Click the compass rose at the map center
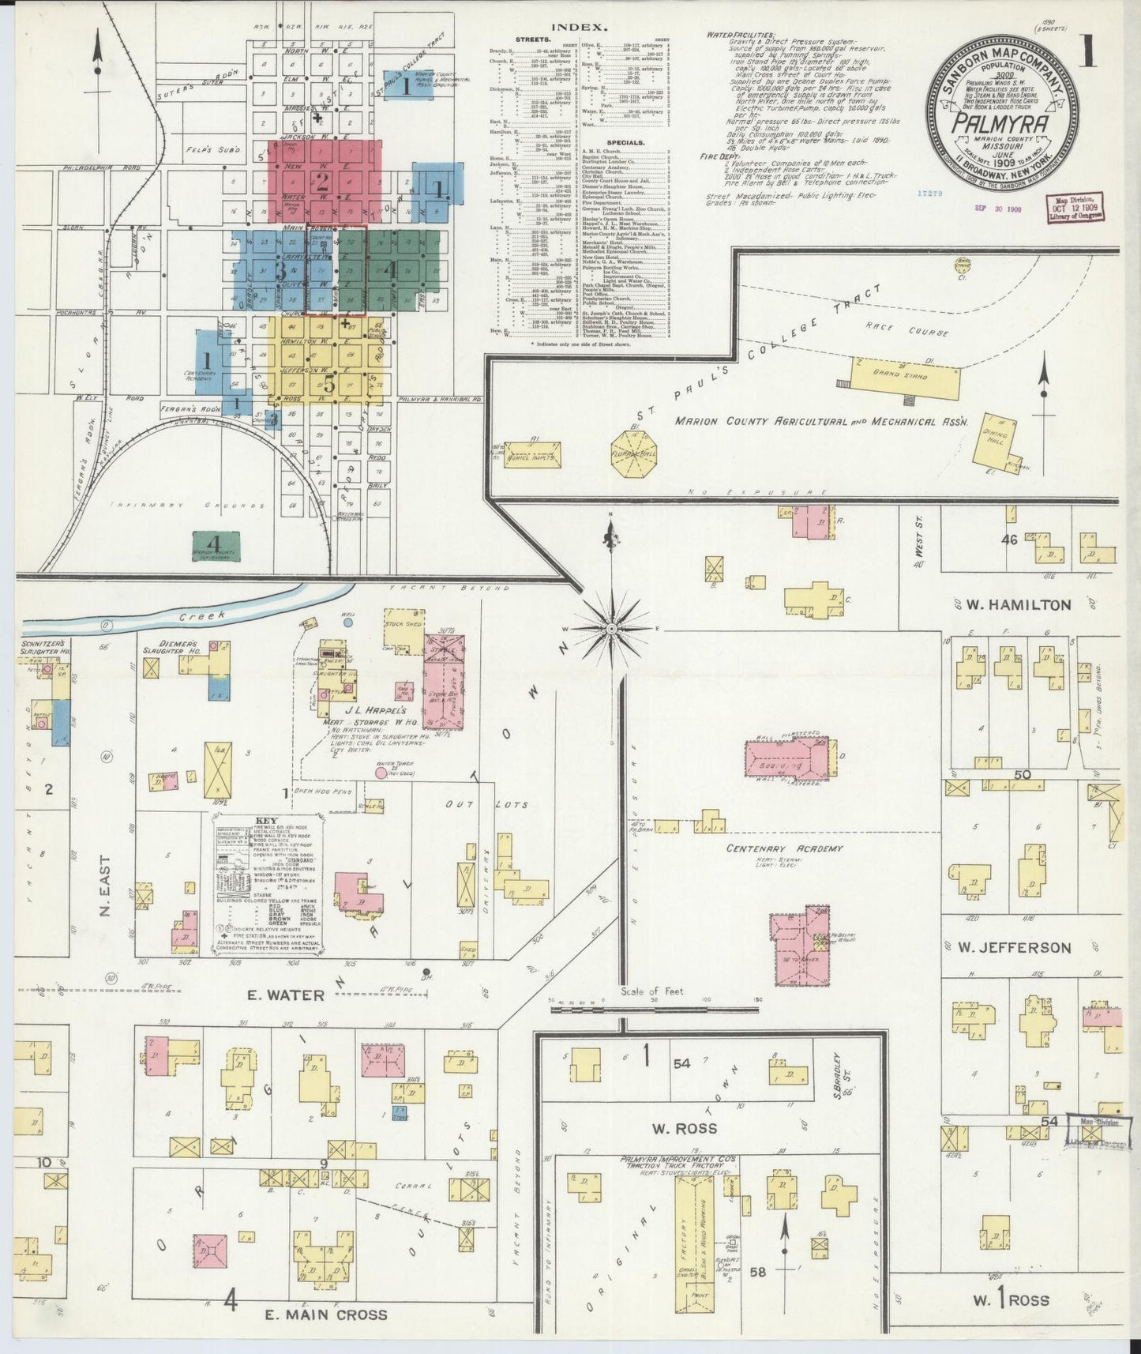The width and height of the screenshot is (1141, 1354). point(610,628)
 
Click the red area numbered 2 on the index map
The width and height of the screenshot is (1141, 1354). point(325,182)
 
